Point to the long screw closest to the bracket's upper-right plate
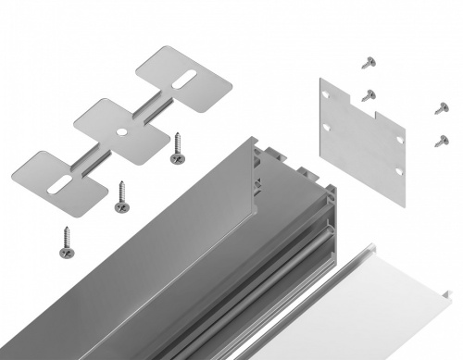pos(175,148)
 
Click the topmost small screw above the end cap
pos(369,63)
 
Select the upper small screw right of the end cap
pos(441,109)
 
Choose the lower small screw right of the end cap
pos(441,141)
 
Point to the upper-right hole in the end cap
pos(399,139)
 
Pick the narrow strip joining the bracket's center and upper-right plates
pos(154,106)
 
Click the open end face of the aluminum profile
pos(287,176)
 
